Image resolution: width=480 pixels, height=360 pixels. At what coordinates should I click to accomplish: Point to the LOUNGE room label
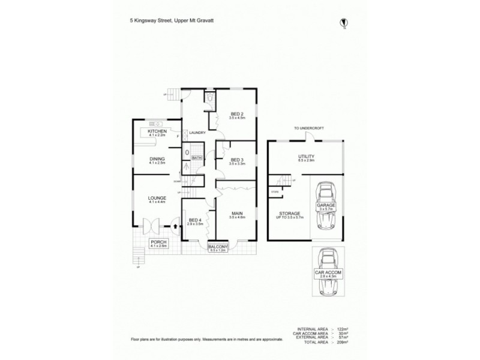pyautogui.click(x=157, y=199)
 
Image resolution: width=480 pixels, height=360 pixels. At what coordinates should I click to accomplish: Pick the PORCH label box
pyautogui.click(x=158, y=243)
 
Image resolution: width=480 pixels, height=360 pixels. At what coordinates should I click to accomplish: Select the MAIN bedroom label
pyautogui.click(x=238, y=214)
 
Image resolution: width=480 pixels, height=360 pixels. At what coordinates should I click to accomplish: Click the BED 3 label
pyautogui.click(x=238, y=160)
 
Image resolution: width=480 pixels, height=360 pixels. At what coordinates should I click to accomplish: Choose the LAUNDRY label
pyautogui.click(x=197, y=133)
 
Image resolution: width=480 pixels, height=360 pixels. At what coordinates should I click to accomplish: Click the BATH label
pyautogui.click(x=197, y=157)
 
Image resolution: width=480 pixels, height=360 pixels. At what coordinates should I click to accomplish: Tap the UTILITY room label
pyautogui.click(x=307, y=157)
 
